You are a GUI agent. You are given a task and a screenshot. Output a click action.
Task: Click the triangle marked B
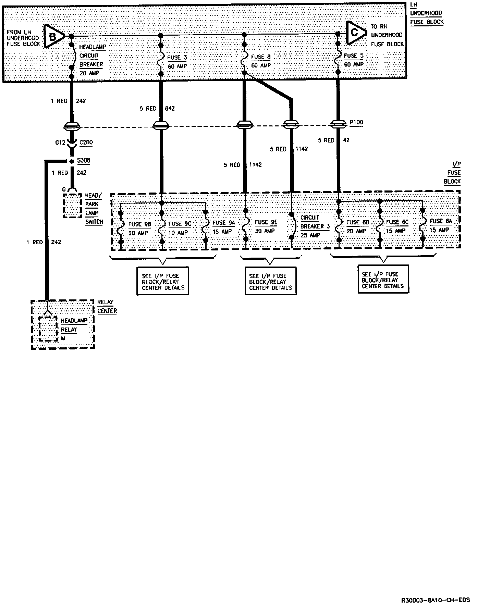tap(53, 36)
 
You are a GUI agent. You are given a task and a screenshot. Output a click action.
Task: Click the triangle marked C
tap(355, 33)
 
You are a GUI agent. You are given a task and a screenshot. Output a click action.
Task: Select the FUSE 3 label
tap(177, 58)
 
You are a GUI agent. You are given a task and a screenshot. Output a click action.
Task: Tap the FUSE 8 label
tap(261, 57)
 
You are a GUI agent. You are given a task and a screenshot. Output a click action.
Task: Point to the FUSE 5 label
tap(353, 56)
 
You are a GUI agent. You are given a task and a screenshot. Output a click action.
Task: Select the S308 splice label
tap(84, 160)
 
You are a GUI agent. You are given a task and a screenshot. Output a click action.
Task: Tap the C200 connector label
tap(86, 143)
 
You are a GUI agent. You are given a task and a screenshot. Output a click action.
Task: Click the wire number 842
tap(170, 109)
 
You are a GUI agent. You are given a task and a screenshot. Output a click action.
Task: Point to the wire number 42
tap(346, 140)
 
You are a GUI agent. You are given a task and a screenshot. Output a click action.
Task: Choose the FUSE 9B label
tap(140, 224)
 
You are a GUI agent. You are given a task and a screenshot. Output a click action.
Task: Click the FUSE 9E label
tap(266, 222)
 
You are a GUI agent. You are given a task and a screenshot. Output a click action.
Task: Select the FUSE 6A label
tap(441, 221)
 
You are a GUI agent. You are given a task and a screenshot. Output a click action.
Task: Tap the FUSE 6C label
tap(397, 222)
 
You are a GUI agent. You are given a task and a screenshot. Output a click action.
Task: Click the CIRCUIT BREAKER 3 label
tap(315, 226)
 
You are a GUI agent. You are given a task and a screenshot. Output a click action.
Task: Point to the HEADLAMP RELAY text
tap(74, 325)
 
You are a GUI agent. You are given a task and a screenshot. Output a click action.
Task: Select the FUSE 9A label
tap(224, 223)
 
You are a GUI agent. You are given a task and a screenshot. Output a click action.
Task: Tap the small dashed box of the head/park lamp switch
tap(72, 206)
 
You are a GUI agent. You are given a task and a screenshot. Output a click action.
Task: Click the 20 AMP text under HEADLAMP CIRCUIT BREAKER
tap(89, 73)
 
